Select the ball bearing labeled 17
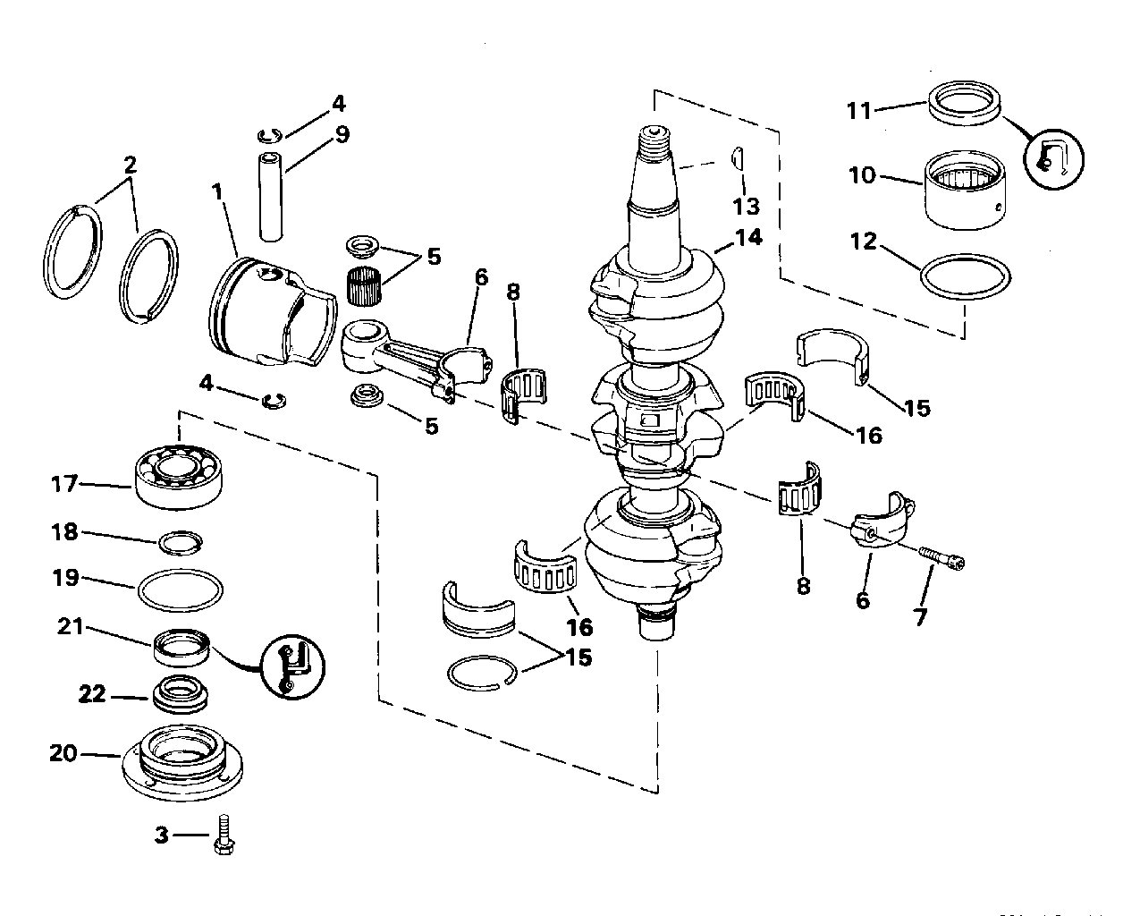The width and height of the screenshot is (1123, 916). click(x=179, y=474)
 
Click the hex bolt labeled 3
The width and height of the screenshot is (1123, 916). click(x=223, y=837)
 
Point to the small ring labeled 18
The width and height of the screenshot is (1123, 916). click(x=180, y=542)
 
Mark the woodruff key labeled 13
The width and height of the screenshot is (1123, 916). click(x=739, y=159)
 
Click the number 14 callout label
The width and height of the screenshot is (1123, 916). click(x=749, y=237)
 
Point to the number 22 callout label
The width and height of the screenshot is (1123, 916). click(x=93, y=694)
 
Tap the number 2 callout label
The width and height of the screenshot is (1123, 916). click(x=131, y=164)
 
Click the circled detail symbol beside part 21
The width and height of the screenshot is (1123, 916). click(x=293, y=666)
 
